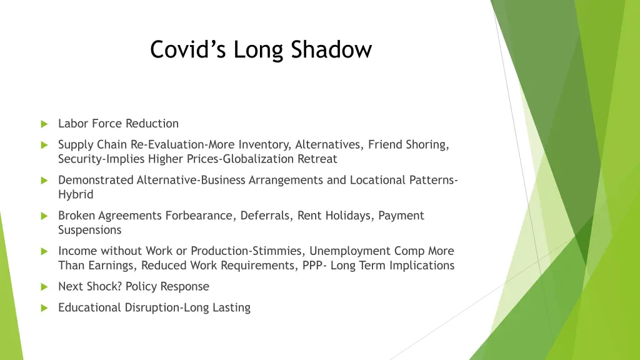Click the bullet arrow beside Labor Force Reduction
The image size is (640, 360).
pyautogui.click(x=44, y=124)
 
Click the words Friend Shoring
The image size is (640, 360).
pyautogui.click(x=407, y=144)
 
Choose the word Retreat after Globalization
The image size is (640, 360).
pyautogui.click(x=316, y=159)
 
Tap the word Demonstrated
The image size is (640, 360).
pyautogui.click(x=96, y=180)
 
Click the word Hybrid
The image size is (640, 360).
pyautogui.click(x=76, y=194)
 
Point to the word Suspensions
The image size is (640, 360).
pyautogui.click(x=90, y=230)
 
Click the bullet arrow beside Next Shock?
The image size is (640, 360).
pyautogui.click(x=44, y=287)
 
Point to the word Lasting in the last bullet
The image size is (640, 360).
pyautogui.click(x=231, y=307)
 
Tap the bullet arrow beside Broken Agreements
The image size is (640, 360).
pyautogui.click(x=44, y=216)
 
